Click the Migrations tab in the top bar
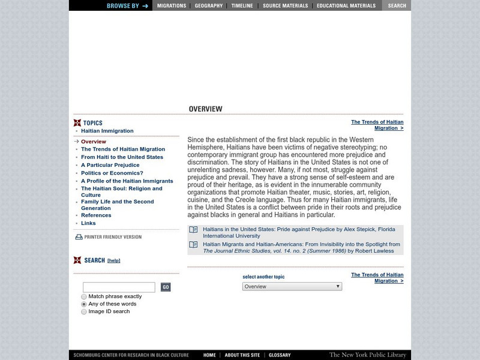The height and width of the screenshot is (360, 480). [x=171, y=5]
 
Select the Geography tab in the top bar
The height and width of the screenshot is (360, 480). [x=209, y=5]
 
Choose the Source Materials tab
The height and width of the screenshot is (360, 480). [x=286, y=5]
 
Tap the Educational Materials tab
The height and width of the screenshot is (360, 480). [x=346, y=5]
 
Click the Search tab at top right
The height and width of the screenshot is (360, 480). [x=397, y=5]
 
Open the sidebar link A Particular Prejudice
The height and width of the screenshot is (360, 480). [x=110, y=165]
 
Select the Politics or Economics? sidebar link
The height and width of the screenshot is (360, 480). [x=112, y=173]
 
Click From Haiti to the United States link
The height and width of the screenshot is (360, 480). [x=122, y=157]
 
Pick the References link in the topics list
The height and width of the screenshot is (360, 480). [x=96, y=215]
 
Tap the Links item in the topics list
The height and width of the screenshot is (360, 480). [x=88, y=223]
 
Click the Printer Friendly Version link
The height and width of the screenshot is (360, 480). [x=112, y=237]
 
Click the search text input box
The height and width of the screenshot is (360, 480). [x=119, y=287]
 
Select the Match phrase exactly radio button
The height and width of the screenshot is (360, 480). [x=84, y=296]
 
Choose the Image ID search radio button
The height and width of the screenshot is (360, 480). [x=84, y=311]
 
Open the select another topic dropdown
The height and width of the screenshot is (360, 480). [x=292, y=287]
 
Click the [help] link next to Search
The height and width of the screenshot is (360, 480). [x=114, y=260]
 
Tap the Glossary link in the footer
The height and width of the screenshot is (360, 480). [x=280, y=355]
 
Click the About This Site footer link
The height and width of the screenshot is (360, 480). [x=242, y=355]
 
